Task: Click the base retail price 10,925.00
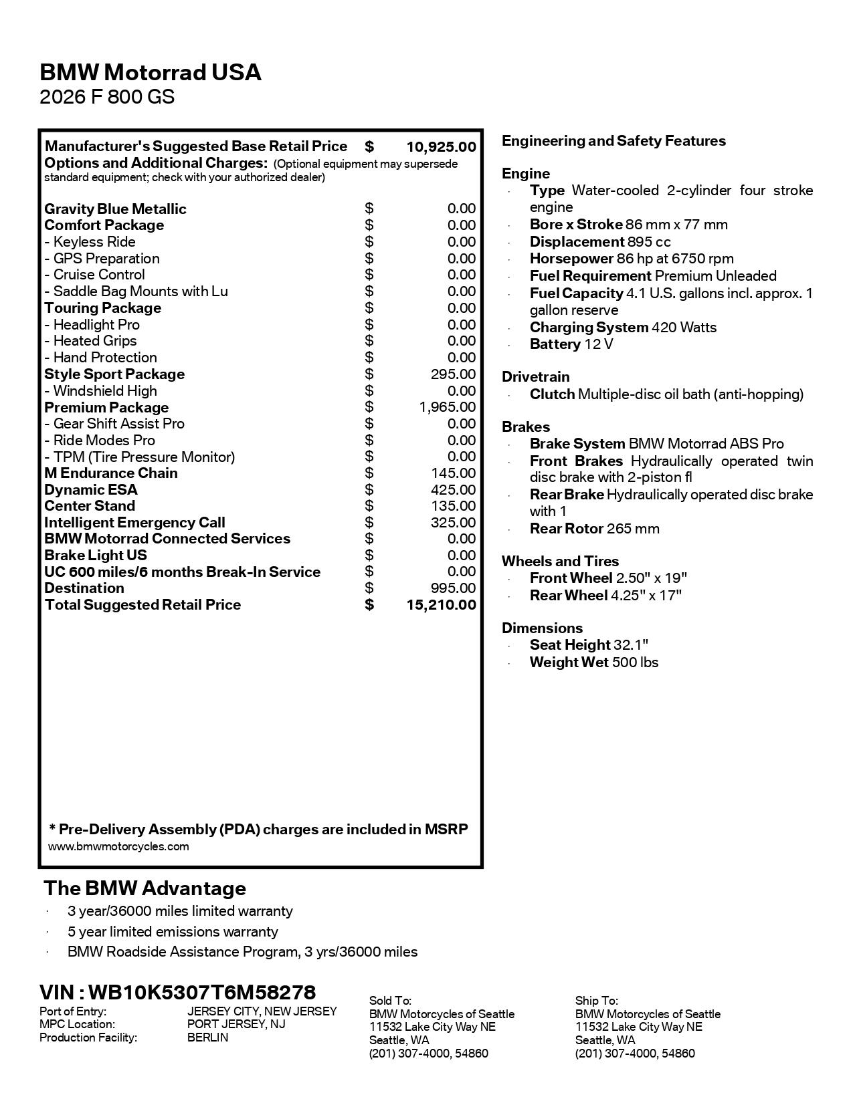pos(441,146)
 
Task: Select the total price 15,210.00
pos(441,605)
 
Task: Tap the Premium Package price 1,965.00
pos(448,407)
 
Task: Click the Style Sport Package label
pos(114,374)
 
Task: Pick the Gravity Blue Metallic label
pos(115,209)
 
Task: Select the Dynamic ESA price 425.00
pos(453,490)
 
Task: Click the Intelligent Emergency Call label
pos(134,523)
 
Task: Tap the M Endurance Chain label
pos(111,473)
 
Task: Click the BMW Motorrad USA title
pos(151,72)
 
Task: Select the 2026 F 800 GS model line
pos(107,97)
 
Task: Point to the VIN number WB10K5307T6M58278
pos(201,992)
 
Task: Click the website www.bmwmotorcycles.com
pos(118,847)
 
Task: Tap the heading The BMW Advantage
pos(145,888)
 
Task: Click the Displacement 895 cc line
pos(600,242)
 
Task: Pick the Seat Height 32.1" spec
pos(589,645)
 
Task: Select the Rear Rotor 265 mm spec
pos(594,529)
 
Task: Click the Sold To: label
pos(390,1001)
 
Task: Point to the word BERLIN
pos(207,1037)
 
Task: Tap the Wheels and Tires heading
pos(560,562)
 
